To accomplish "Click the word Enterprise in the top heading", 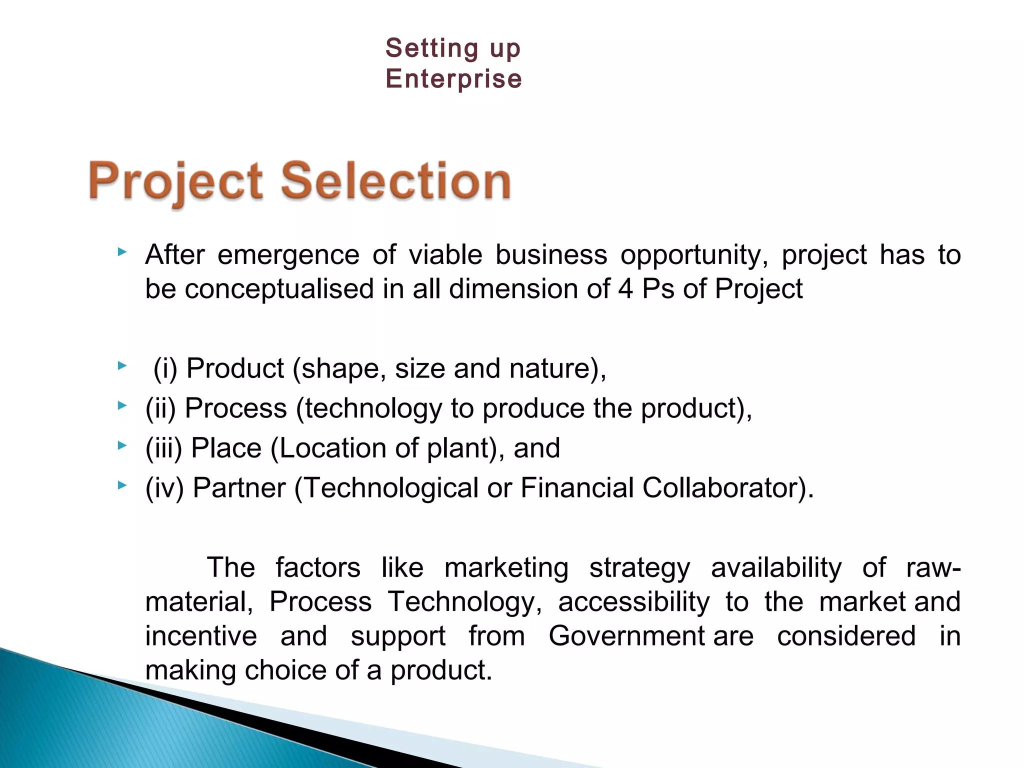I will coord(453,79).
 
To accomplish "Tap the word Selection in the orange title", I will coord(395,180).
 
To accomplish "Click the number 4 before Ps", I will coord(625,289).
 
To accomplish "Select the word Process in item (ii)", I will coord(236,408).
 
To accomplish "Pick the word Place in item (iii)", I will coord(226,448).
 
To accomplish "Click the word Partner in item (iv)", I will coord(239,487).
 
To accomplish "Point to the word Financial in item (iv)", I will coord(577,487).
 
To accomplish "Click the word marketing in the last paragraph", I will coord(506,568).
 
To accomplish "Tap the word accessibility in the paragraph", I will coord(633,602).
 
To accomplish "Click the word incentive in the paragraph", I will coord(201,636).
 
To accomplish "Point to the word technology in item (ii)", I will coord(373,409).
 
